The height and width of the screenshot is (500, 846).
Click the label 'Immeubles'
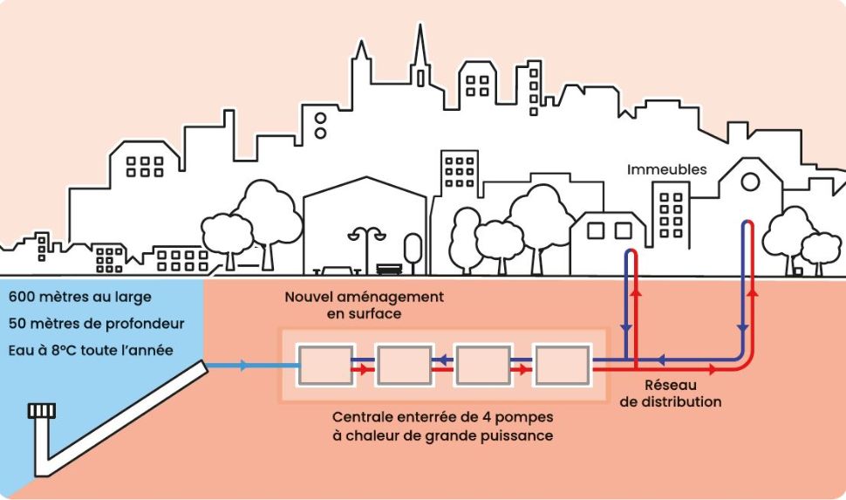coord(666,170)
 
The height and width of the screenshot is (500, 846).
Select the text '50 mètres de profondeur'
coord(96,324)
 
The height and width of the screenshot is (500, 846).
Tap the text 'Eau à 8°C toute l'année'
coord(92,351)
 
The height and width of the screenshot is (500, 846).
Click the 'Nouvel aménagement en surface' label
coord(364,305)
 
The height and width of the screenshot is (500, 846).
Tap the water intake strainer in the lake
coord(41,410)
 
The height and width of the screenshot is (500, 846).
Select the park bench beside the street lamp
coord(389,270)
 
